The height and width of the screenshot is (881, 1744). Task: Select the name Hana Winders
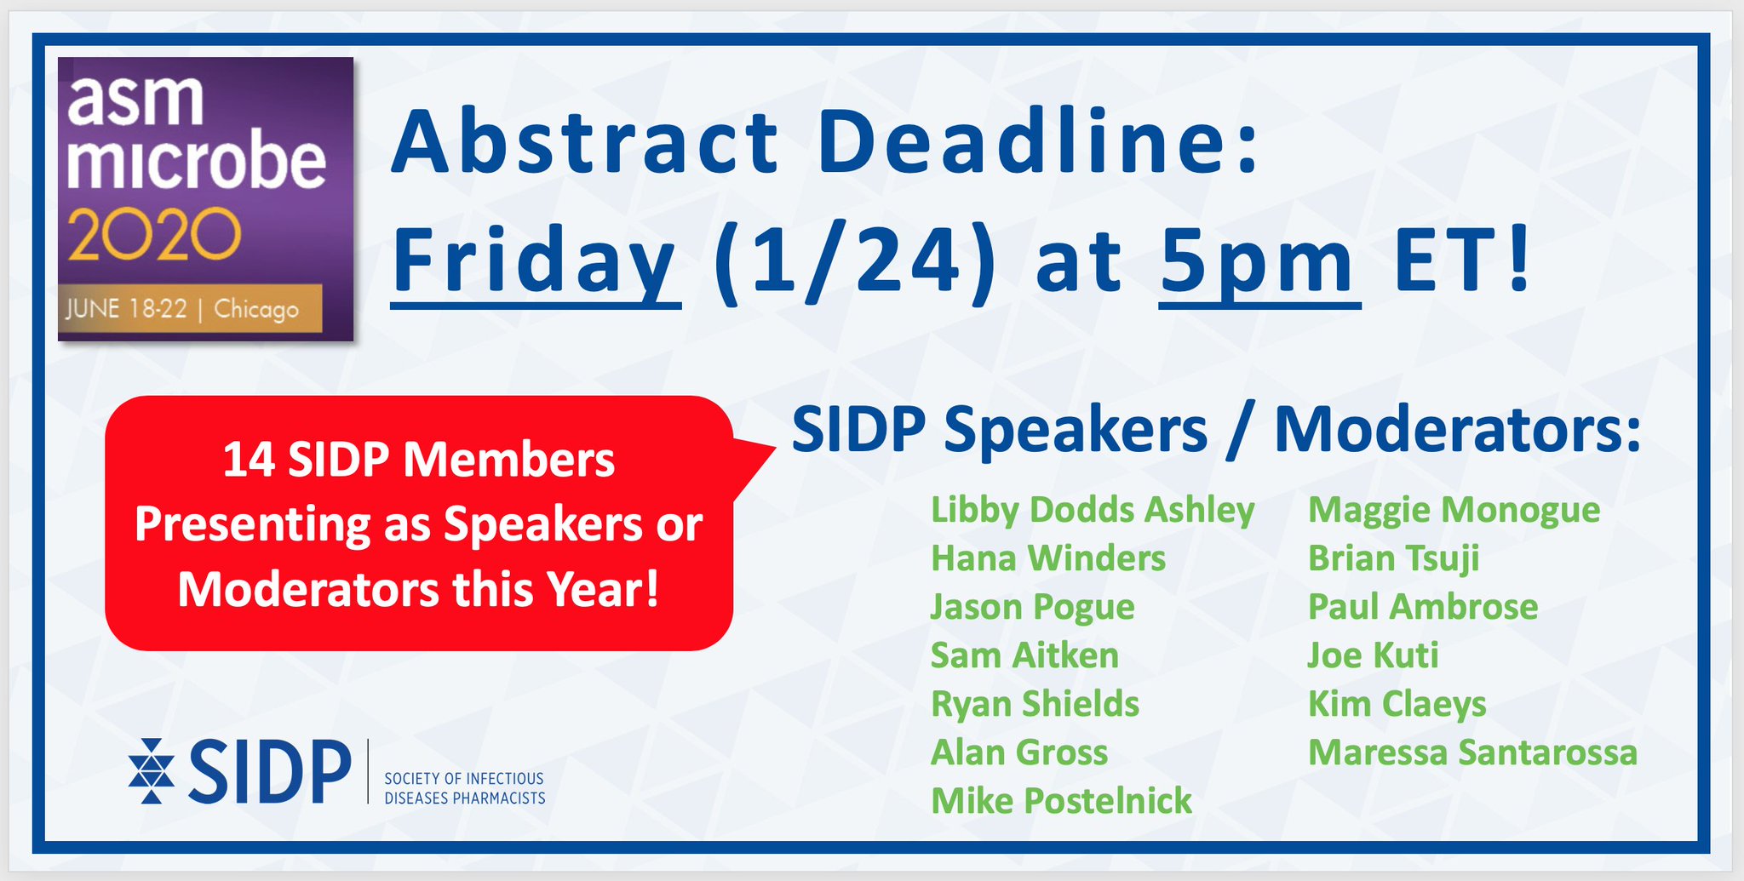(x=1048, y=558)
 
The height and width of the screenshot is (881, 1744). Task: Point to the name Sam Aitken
(x=1024, y=655)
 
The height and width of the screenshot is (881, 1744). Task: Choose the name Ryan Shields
(x=1035, y=705)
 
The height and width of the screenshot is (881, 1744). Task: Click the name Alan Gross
(x=1019, y=752)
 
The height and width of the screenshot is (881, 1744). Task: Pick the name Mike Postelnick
(x=1061, y=801)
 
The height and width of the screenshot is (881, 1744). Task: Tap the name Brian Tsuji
(x=1393, y=559)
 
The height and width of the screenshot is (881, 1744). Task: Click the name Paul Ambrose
(x=1423, y=607)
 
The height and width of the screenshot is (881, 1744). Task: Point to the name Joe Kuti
(x=1373, y=655)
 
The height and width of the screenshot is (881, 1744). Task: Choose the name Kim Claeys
(x=1397, y=705)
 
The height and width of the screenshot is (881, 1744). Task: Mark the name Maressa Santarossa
(x=1472, y=752)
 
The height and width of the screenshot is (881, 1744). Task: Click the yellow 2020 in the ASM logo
(x=154, y=236)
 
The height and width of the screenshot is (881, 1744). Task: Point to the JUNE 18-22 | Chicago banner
(x=190, y=308)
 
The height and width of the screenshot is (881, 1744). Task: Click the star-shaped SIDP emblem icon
(x=151, y=771)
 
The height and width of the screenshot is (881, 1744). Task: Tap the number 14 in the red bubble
(x=248, y=461)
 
